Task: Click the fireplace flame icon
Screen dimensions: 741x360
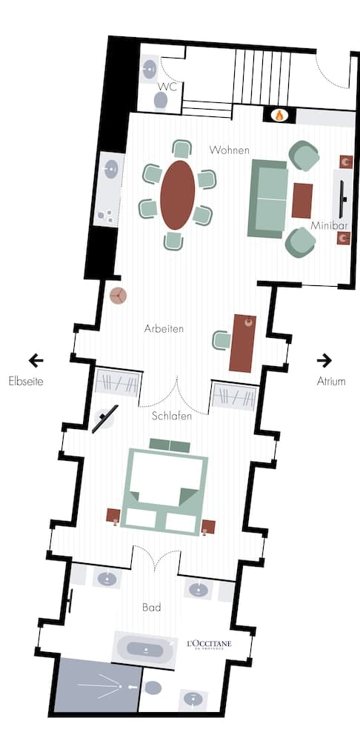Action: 279,115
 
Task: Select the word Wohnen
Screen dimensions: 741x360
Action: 229,150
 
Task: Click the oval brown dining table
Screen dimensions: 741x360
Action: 178,195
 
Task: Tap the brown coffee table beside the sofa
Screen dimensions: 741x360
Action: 301,200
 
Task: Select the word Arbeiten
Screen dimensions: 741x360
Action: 164,328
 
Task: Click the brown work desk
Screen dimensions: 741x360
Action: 242,343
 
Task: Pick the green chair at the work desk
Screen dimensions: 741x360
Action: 221,340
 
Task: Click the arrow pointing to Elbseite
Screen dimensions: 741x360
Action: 36,361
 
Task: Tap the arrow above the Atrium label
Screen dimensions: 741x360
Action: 324,361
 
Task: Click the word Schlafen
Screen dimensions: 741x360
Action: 172,416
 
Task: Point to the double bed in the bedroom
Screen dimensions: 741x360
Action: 165,489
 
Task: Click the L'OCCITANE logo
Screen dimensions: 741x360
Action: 209,644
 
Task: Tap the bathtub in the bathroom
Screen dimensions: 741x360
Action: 145,650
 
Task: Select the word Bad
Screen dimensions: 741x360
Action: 151,608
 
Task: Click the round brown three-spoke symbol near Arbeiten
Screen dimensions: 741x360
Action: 118,296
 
